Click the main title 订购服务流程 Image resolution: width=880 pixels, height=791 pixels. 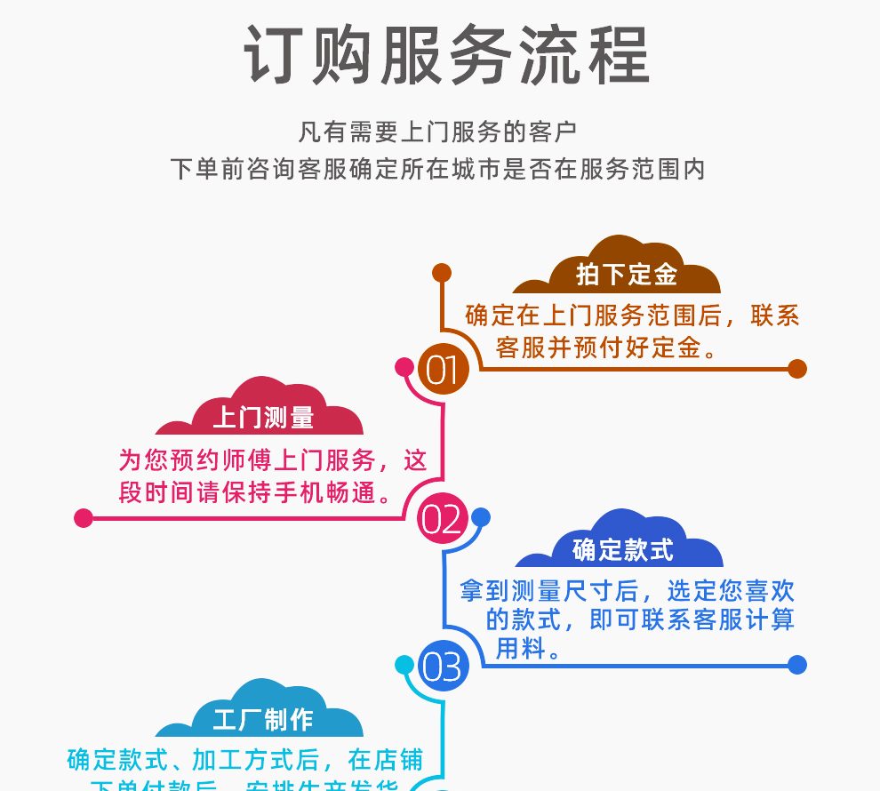pos(446,55)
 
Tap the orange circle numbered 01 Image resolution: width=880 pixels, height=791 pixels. pos(442,369)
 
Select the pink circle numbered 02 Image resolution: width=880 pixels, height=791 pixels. pos(442,517)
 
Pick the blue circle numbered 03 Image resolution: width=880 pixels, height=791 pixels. pos(442,666)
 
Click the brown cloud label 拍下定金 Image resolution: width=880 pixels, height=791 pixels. pos(626,275)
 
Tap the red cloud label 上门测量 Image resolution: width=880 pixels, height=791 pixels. pos(263,417)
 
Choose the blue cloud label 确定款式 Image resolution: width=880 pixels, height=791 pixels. pos(623,550)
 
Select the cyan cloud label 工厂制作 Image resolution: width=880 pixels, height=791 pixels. pos(263,719)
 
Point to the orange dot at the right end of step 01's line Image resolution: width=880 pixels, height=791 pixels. pos(796,368)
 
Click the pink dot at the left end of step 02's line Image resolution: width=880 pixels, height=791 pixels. pos(84,517)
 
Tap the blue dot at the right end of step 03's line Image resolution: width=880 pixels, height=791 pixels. pos(796,665)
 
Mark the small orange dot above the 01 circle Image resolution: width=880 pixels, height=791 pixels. pos(442,273)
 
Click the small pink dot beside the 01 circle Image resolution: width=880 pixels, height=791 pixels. pos(404,367)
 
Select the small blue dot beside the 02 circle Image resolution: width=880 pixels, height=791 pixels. pos(480,517)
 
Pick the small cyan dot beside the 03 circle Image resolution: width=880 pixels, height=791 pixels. pos(404,665)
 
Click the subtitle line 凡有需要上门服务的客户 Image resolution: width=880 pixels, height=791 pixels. pos(437,132)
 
